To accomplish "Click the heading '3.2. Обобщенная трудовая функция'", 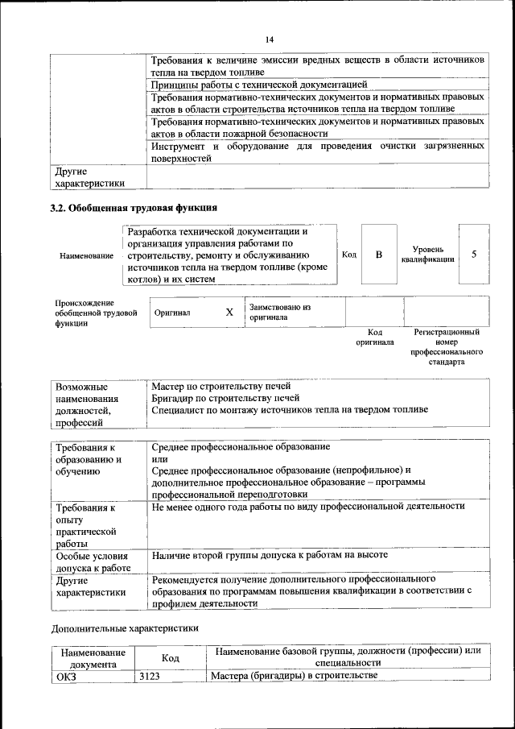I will tap(134, 208).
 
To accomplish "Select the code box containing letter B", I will tap(378, 255).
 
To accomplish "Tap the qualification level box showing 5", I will tap(474, 255).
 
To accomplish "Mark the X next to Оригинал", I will tap(229, 312).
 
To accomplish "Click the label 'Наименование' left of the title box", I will tap(86, 255).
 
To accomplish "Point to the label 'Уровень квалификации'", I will tap(427, 255).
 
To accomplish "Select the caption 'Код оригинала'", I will tap(375, 337).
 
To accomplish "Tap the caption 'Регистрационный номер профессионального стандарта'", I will tap(447, 347).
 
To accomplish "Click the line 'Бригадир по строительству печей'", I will tap(225, 398).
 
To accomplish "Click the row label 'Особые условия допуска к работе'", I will tap(93, 561).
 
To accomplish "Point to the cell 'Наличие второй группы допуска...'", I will tap(270, 555).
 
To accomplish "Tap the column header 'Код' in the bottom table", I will tap(170, 658).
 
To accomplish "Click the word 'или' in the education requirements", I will tap(159, 458).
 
